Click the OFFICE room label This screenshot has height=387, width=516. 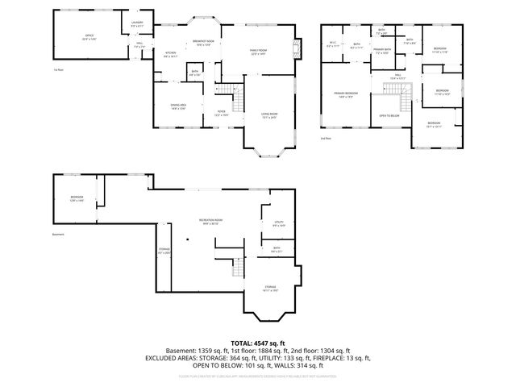(x=89, y=37)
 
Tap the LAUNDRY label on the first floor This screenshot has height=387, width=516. (x=137, y=25)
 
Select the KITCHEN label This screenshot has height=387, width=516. (x=171, y=55)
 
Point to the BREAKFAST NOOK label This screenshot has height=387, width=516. (x=203, y=43)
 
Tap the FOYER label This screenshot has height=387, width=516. (x=221, y=114)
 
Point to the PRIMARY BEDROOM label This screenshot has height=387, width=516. (x=347, y=95)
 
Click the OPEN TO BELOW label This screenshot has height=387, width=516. (x=390, y=115)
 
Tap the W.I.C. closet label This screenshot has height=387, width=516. (x=332, y=45)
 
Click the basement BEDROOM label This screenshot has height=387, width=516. (x=77, y=198)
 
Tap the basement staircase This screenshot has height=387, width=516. (x=237, y=265)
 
